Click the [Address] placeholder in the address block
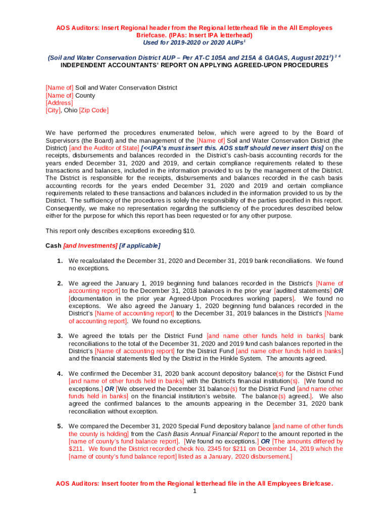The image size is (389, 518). pos(59,103)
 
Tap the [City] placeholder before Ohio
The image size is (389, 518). pos(53,110)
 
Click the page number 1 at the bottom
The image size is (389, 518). pos(194,491)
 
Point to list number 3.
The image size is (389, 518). pos(60,336)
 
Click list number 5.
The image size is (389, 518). pos(60,426)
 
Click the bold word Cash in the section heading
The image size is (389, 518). pos(53,246)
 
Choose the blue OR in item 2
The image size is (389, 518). pos(338,291)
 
